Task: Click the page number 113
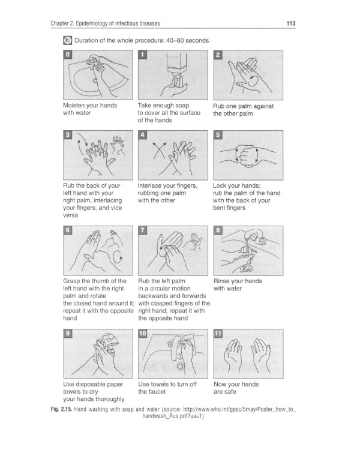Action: coord(291,23)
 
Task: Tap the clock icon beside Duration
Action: coord(67,40)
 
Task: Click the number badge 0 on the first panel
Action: coord(67,55)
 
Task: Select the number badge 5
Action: coord(218,135)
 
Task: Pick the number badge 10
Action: coord(143,334)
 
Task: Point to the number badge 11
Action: coord(218,334)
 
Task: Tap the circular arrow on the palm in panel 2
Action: coord(253,81)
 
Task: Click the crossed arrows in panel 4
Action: coord(160,150)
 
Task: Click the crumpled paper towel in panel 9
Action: coord(109,339)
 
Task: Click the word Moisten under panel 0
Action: coord(74,106)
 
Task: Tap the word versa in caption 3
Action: coord(71,215)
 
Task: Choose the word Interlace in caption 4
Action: coord(150,185)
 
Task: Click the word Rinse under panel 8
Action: coord(222,281)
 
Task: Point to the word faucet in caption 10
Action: coord(157,392)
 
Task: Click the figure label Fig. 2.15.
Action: coord(61,409)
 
